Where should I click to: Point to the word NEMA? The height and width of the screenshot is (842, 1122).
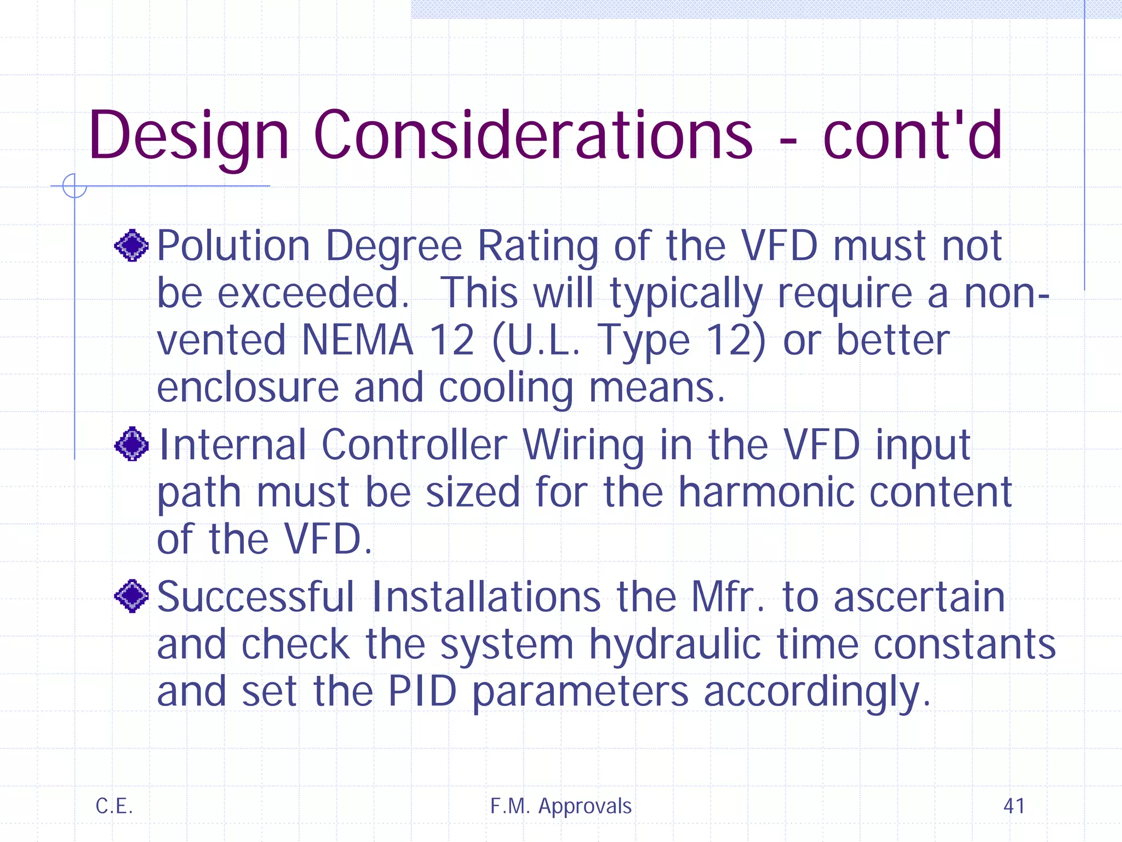357,340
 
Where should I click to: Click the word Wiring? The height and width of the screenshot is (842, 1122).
583,445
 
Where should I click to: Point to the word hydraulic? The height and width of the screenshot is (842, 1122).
675,645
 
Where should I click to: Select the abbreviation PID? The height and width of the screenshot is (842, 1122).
422,692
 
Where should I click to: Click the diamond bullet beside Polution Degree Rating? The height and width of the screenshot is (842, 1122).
131,246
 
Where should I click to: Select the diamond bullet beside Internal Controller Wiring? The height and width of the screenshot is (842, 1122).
131,444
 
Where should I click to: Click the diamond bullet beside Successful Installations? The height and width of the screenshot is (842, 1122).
131,596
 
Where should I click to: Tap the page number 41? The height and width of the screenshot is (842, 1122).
1014,806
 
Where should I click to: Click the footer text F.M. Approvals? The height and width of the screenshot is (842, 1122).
560,806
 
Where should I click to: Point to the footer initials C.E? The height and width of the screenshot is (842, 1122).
114,806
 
